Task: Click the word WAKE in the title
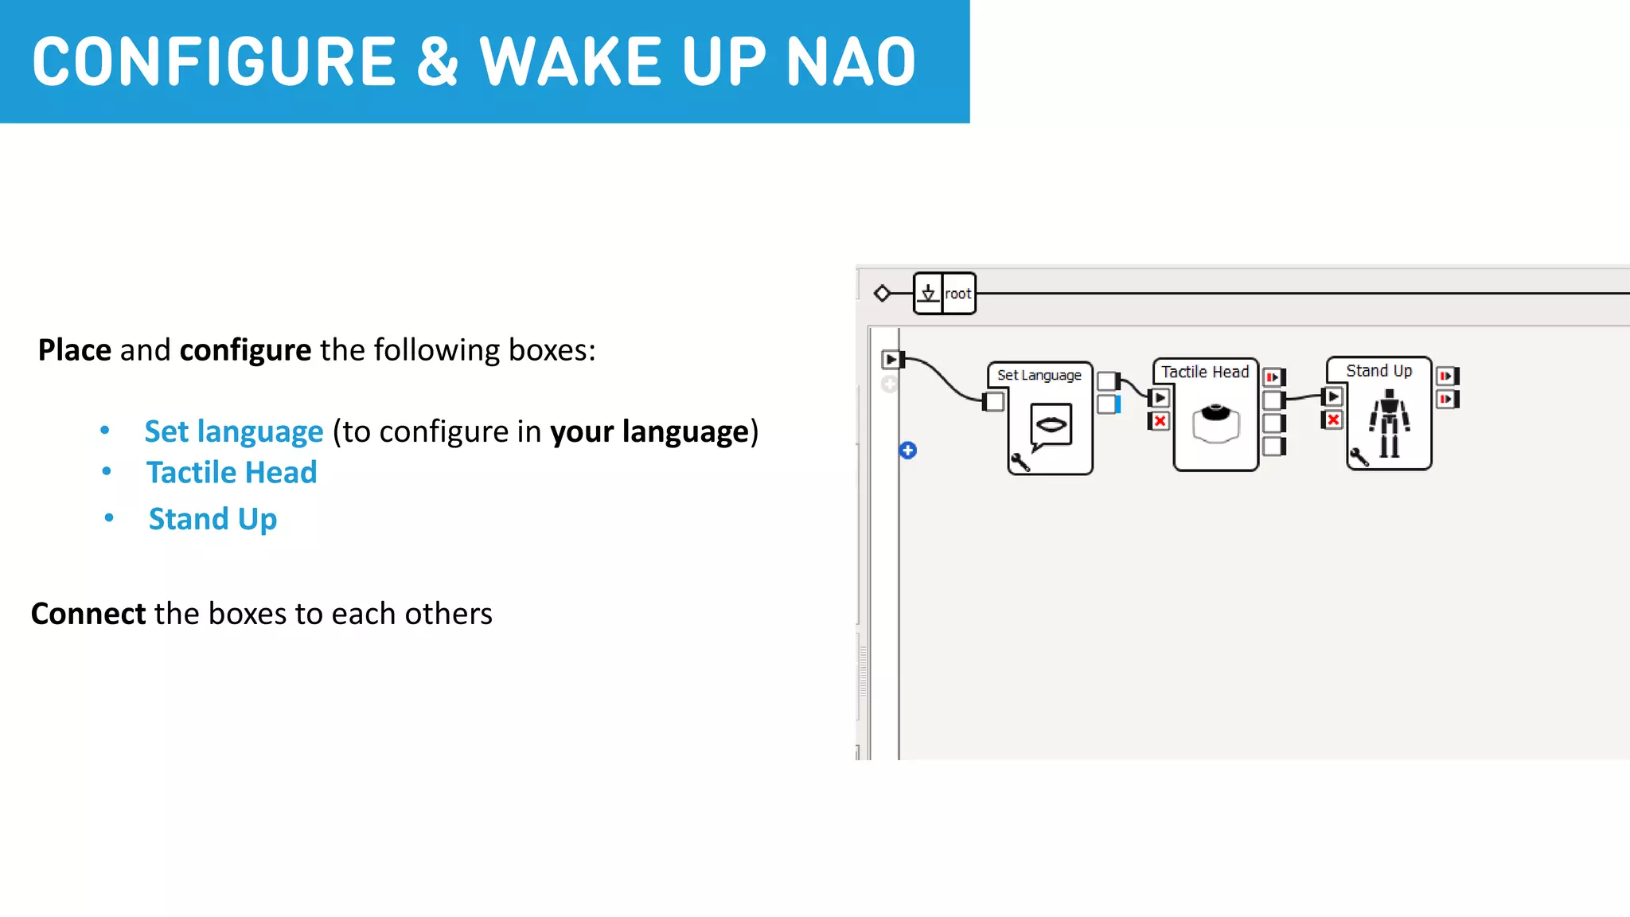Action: [569, 62]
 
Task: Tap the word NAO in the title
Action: [851, 62]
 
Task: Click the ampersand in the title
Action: [437, 62]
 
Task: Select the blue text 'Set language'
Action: [233, 431]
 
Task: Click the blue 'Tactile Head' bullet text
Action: [232, 473]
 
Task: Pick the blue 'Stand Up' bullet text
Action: [213, 519]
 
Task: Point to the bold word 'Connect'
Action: [88, 614]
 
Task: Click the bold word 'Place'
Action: [75, 350]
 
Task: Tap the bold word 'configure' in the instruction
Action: [245, 350]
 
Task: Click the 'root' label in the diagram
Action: [958, 294]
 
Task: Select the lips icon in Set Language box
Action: [1051, 424]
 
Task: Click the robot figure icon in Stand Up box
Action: [1390, 423]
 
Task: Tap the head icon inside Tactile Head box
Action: [1215, 423]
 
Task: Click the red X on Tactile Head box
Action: [1160, 421]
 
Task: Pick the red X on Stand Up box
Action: [1333, 419]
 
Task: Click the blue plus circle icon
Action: [908, 451]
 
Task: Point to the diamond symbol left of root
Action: [882, 294]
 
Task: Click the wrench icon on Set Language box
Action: [1020, 462]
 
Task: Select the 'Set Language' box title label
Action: [1039, 375]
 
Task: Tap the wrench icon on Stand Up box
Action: [1359, 457]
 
